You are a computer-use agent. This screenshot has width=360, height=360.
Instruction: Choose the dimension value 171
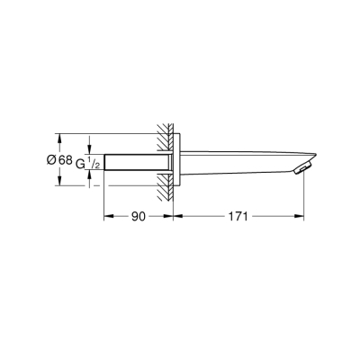tap(237, 217)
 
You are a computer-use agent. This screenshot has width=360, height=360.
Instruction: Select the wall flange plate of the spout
tap(179, 161)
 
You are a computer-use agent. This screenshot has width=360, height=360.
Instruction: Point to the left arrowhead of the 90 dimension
tap(109, 217)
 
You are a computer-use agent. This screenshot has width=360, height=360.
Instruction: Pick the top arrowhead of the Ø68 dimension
tap(59, 139)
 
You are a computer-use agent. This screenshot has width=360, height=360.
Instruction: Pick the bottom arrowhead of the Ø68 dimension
tap(59, 184)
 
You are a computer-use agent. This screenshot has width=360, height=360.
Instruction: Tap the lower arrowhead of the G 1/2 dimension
tap(91, 174)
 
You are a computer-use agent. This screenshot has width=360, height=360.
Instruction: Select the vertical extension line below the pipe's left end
tap(105, 198)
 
